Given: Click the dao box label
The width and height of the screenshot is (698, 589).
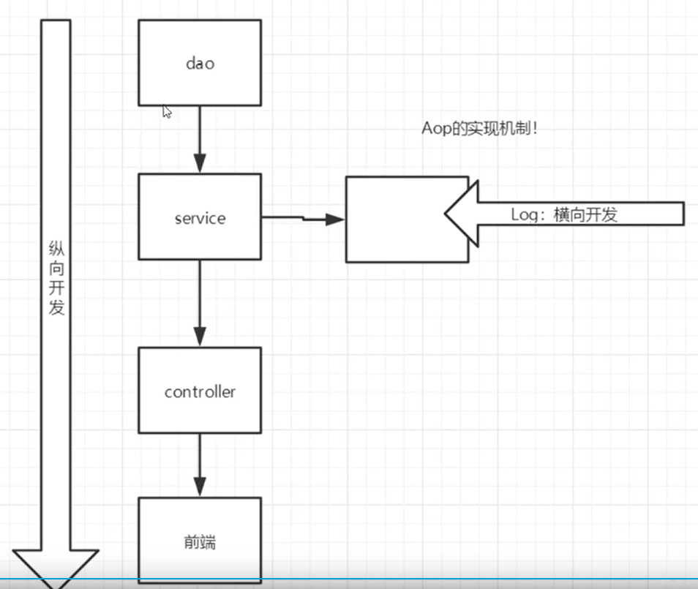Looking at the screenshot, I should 200,64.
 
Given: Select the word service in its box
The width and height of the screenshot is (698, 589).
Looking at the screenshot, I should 200,218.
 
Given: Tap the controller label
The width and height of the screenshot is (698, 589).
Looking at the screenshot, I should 200,391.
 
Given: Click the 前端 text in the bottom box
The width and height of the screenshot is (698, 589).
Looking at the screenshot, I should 200,543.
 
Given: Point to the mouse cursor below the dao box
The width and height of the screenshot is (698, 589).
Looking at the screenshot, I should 167,111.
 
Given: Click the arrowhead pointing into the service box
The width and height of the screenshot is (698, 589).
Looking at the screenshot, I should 200,164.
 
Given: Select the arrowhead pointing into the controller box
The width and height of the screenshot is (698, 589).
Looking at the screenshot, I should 200,337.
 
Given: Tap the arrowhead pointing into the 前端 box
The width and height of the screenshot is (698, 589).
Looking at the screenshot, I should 200,487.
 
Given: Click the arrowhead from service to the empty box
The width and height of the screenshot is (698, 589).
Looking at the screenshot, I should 335,219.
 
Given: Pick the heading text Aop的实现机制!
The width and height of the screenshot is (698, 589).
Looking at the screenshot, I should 479,129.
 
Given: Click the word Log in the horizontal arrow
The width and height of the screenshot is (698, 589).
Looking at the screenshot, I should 524,214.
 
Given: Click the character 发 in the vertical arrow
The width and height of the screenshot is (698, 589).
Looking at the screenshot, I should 56,307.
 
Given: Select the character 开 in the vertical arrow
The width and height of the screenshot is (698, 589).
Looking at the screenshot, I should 56,288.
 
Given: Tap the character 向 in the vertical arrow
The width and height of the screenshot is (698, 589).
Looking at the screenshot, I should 56,269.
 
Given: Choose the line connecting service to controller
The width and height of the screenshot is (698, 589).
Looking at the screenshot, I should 200,293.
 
